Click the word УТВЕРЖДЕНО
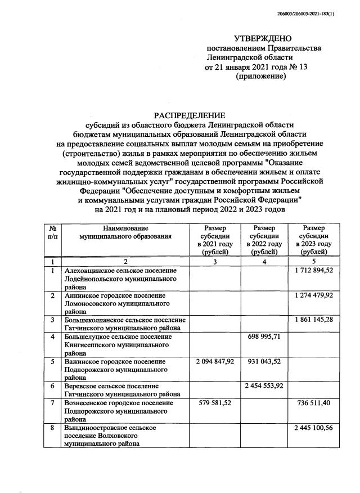263,38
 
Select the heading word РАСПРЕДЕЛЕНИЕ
190,115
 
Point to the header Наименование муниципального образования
125,232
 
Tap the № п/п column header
52,232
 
